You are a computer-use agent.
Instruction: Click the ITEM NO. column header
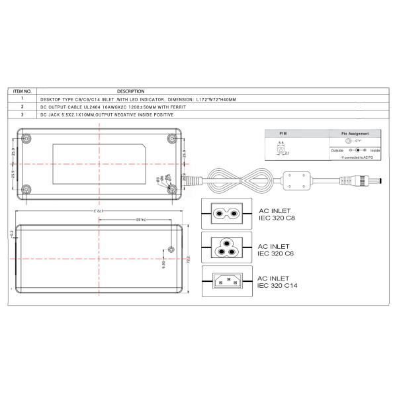tap(22, 91)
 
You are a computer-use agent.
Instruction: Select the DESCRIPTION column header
tap(130, 91)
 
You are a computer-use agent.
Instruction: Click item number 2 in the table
tap(22, 106)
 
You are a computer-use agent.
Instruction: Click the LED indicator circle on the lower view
tap(172, 249)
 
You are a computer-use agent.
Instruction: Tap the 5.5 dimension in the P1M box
tap(281, 143)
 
